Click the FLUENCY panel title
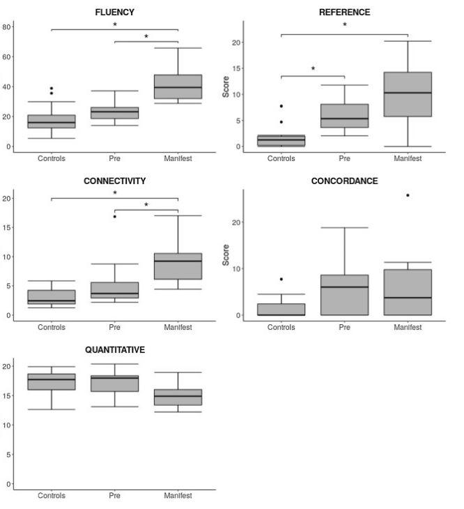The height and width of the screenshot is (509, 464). [115, 13]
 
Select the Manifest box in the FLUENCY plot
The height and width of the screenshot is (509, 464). [178, 86]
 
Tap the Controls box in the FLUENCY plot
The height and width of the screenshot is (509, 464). [52, 121]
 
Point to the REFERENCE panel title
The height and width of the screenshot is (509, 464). [344, 13]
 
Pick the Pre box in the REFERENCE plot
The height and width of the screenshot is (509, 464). [344, 116]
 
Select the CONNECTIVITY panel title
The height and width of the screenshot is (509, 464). [115, 181]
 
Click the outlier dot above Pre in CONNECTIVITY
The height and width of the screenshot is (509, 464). [115, 216]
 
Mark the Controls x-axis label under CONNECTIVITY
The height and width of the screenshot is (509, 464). [52, 326]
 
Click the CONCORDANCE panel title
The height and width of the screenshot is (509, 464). [344, 181]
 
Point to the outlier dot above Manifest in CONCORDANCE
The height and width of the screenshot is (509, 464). [408, 195]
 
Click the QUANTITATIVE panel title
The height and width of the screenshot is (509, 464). [115, 350]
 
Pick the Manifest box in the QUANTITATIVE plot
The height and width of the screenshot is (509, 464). [178, 397]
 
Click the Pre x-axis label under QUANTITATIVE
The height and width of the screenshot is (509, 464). [115, 496]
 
